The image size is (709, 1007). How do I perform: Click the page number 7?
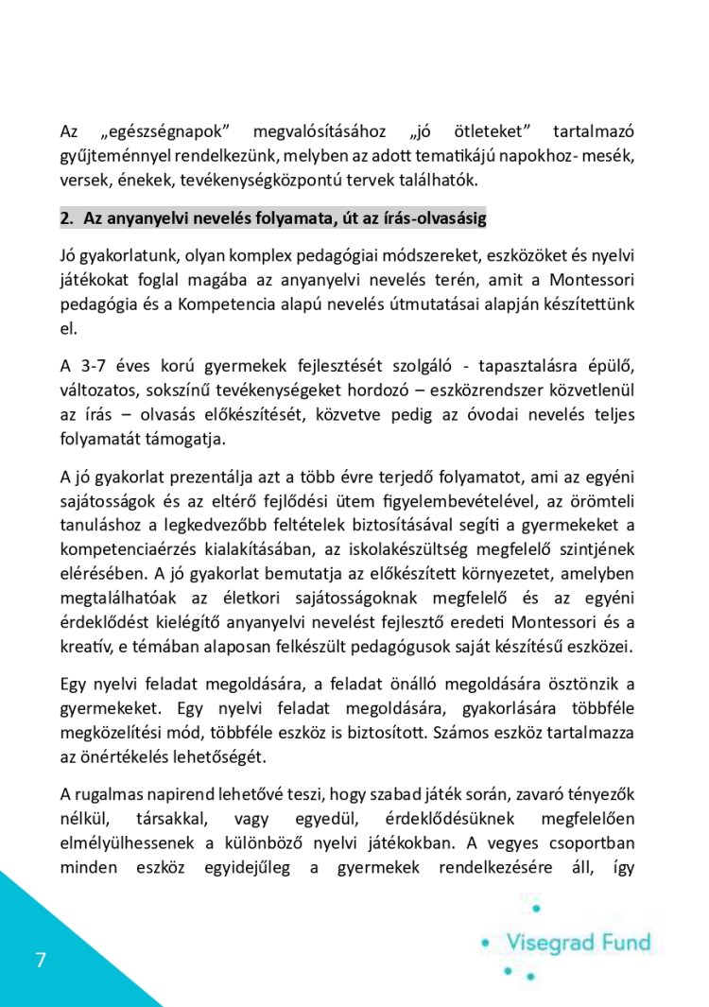(x=40, y=961)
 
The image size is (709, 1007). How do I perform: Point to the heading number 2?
(x=66, y=218)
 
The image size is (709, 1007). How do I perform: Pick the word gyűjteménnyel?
(x=103, y=154)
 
